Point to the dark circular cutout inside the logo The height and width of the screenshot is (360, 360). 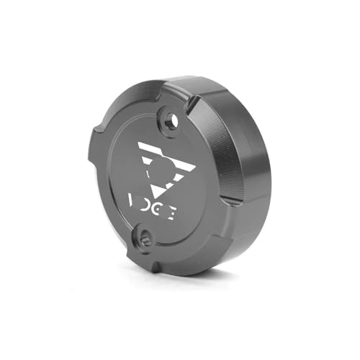[x=160, y=173]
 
